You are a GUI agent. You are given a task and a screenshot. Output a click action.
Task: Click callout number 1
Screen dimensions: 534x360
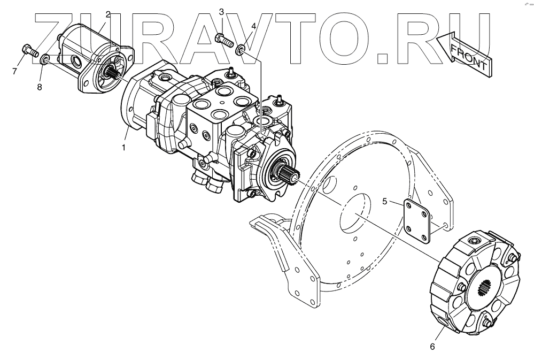point(123,148)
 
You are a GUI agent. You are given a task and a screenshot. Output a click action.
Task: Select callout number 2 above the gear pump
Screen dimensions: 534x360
point(108,14)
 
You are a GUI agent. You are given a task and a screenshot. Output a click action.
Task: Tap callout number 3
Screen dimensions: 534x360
point(221,13)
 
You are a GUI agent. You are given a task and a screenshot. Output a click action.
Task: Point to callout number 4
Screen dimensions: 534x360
point(253,26)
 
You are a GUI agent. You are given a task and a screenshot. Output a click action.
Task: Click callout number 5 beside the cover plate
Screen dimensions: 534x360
point(384,202)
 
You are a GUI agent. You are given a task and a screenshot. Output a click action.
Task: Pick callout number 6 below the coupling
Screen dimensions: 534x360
point(432,347)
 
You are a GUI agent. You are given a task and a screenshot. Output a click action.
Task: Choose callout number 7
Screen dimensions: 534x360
point(14,72)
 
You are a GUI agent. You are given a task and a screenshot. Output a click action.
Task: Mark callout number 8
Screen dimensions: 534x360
point(40,87)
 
